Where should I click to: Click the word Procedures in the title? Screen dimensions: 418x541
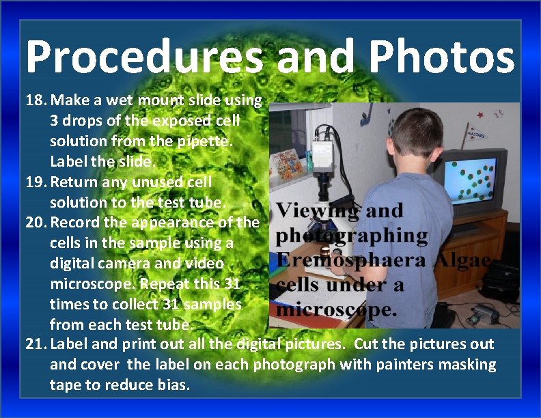click(x=143, y=57)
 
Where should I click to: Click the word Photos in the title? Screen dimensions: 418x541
click(x=438, y=57)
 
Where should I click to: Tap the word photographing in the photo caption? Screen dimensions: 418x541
click(x=352, y=236)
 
